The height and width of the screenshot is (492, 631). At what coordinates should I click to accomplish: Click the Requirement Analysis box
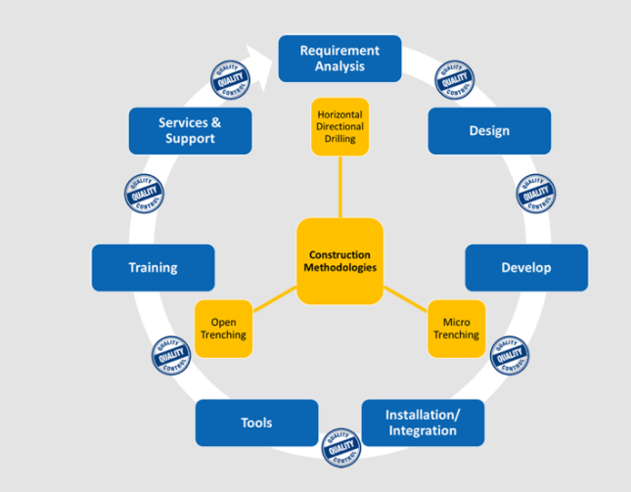click(339, 59)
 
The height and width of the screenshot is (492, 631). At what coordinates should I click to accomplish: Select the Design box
click(489, 131)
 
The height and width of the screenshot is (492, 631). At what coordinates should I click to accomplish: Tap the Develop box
click(526, 268)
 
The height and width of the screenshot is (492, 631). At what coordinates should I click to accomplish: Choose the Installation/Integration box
click(423, 423)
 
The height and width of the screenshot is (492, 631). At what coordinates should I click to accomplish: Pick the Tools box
click(256, 423)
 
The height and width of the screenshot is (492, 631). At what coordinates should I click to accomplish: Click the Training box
click(153, 268)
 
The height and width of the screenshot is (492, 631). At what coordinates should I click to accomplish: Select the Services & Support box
click(190, 131)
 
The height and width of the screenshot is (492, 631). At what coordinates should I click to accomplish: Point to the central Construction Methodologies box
click(339, 260)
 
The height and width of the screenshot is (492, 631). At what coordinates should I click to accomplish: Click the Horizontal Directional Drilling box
click(340, 127)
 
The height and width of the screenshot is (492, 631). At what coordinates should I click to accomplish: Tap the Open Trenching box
click(224, 329)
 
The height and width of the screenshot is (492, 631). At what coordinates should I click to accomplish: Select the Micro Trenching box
click(457, 329)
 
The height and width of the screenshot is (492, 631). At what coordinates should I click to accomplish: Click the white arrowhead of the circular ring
click(259, 57)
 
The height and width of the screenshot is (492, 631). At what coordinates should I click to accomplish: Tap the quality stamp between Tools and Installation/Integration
click(341, 446)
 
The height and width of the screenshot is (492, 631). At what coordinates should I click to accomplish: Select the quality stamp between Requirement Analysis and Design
click(454, 81)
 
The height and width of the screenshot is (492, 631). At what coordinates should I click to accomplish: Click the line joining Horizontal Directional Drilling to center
click(340, 187)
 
